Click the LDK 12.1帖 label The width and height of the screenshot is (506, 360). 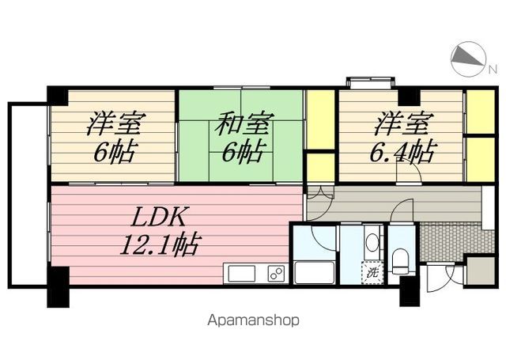tap(160, 231)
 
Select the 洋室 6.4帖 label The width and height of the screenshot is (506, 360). tap(403, 138)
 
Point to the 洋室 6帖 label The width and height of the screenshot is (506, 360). tap(114, 138)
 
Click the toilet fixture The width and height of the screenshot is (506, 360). tap(401, 260)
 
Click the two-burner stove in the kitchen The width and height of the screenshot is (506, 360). tap(276, 274)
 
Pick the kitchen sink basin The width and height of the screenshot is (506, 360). tap(242, 274)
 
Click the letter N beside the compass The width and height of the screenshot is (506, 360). tap(492, 69)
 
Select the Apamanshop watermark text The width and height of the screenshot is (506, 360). tap(253, 320)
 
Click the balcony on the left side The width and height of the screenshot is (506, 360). tap(28, 195)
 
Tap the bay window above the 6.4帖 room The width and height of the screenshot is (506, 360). tap(370, 81)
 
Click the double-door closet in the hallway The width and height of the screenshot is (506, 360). tap(319, 193)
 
